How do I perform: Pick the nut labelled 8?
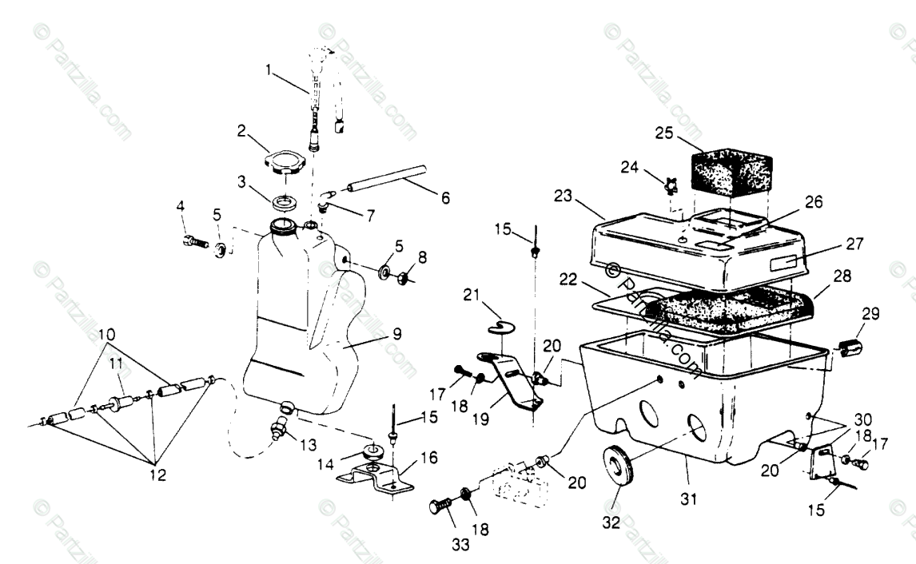[404, 279]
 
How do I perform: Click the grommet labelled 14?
[372, 451]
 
